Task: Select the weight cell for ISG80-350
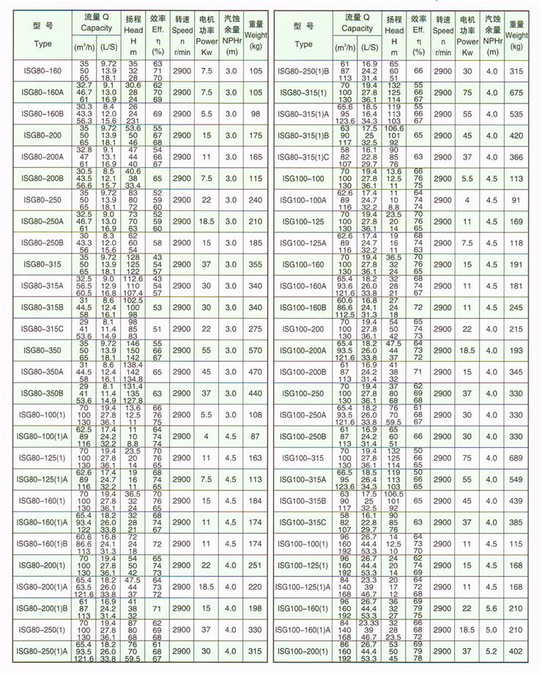(x=256, y=350)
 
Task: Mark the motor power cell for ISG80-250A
(x=207, y=221)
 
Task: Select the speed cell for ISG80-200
(x=182, y=135)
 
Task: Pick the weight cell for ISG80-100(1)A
(x=256, y=436)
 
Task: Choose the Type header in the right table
(x=304, y=34)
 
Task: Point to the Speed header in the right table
(x=443, y=35)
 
